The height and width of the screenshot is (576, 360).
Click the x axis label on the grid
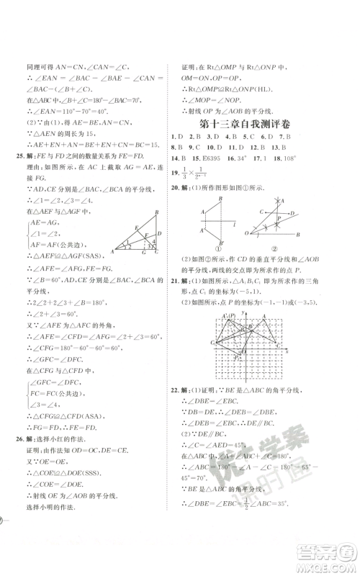point(288,351)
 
